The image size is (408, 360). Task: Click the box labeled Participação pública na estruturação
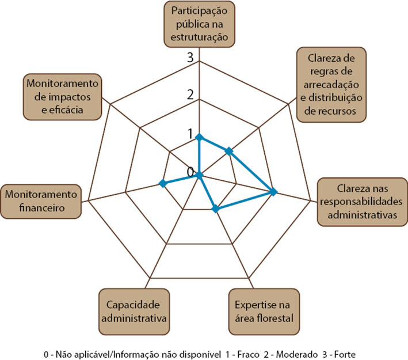tap(199, 24)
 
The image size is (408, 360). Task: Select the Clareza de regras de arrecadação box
tap(331, 85)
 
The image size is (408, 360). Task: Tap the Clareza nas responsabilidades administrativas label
tap(362, 202)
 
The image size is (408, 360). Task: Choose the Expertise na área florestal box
tap(264, 312)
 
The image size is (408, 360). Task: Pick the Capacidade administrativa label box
tap(134, 312)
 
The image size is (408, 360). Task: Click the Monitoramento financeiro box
tap(41, 202)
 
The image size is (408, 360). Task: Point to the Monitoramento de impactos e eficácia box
tap(62, 97)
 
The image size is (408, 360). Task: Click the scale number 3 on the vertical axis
tap(190, 57)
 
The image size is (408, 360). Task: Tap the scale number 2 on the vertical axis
tap(190, 94)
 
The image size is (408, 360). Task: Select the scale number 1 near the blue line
tap(190, 134)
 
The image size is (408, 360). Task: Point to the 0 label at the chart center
tap(190, 172)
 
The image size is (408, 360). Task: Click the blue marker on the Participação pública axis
tap(199, 137)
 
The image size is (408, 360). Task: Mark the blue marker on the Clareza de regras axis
tap(228, 151)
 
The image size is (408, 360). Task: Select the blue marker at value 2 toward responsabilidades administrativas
tap(273, 192)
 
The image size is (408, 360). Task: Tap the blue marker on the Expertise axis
tap(215, 209)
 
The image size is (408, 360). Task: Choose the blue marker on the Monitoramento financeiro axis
tap(163, 183)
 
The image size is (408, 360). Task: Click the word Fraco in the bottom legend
tap(248, 354)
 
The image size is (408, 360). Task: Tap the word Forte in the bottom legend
tap(345, 354)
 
